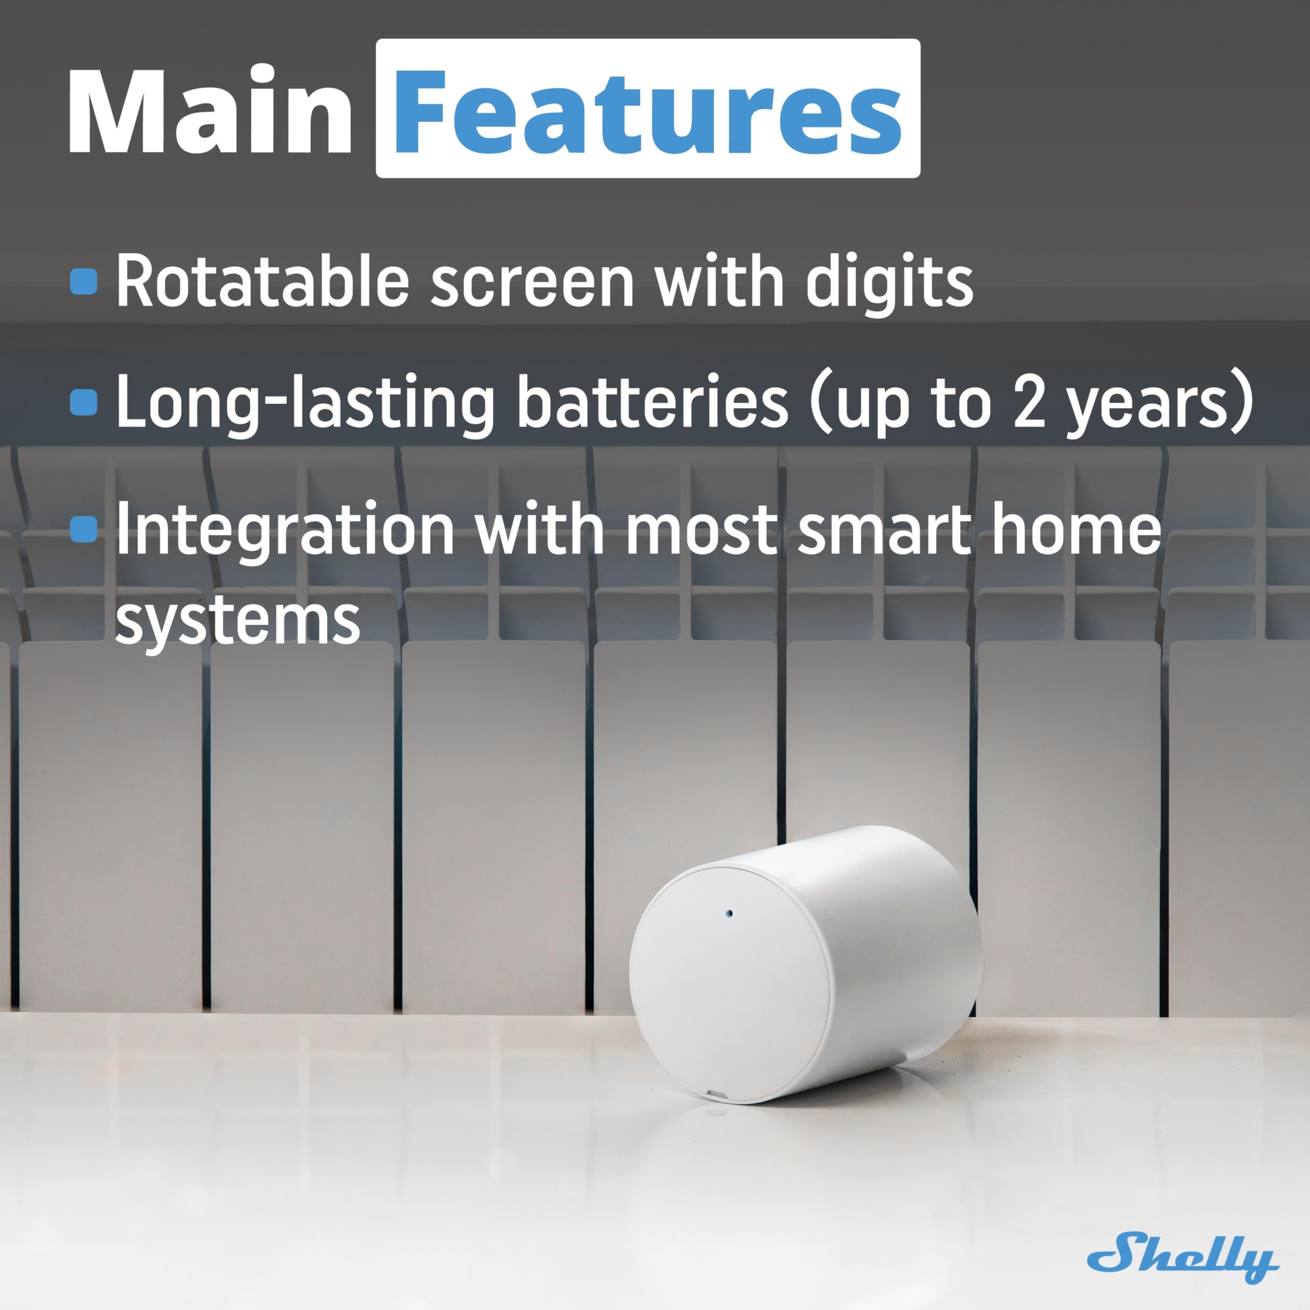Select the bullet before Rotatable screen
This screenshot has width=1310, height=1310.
click(84, 281)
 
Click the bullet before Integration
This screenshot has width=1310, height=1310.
click(84, 529)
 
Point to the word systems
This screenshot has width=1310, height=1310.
click(237, 620)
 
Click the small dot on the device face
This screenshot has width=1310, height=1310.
click(730, 913)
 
